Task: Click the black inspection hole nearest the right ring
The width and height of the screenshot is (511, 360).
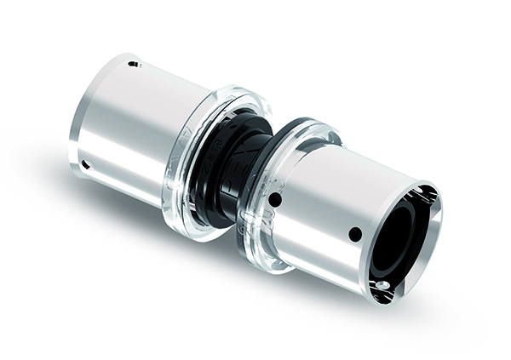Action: tap(274, 201)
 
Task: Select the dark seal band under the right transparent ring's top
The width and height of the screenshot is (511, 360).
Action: tap(302, 128)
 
